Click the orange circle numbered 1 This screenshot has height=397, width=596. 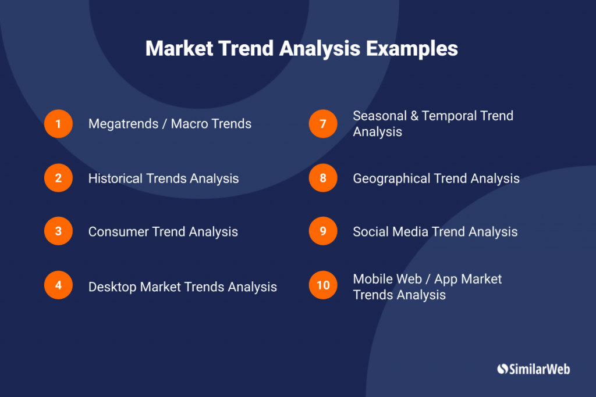pyautogui.click(x=58, y=124)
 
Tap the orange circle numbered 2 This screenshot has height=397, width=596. pyautogui.click(x=58, y=178)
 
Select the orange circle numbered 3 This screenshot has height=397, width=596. pyautogui.click(x=58, y=231)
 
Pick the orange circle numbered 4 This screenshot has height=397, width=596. pyautogui.click(x=58, y=285)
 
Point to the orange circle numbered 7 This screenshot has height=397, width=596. pyautogui.click(x=323, y=124)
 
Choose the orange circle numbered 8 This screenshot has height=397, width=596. pyautogui.click(x=323, y=178)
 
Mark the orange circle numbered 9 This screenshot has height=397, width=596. pyautogui.click(x=323, y=231)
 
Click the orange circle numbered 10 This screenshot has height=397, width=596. pyautogui.click(x=323, y=285)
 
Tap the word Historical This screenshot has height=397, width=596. pyautogui.click(x=115, y=178)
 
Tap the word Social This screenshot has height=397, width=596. pyautogui.click(x=370, y=232)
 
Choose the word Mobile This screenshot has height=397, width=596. pyautogui.click(x=372, y=279)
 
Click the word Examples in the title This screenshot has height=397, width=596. pyautogui.click(x=412, y=49)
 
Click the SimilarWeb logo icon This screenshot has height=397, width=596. pyautogui.click(x=502, y=369)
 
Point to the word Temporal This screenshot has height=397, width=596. pyautogui.click(x=446, y=116)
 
